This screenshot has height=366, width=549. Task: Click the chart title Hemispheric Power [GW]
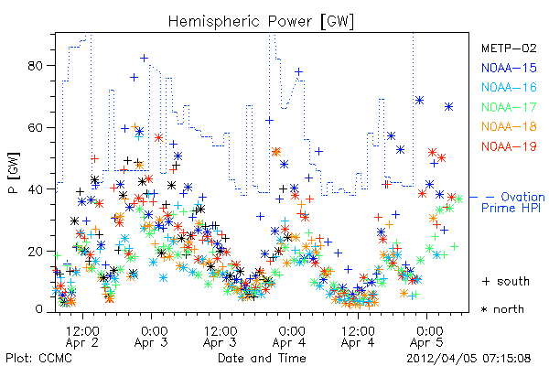point(261,22)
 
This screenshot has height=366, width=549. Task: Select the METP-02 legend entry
point(509,48)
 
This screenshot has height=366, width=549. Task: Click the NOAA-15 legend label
point(509,68)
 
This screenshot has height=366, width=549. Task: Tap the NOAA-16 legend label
point(509,87)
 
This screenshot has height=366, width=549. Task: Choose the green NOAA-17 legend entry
point(509,107)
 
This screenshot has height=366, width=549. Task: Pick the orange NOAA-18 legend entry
point(509,126)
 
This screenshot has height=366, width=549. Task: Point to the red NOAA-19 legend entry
point(509,146)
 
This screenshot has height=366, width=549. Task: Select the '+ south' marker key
point(506,281)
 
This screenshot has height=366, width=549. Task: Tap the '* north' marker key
point(502,309)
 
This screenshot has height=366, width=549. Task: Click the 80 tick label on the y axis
point(36,66)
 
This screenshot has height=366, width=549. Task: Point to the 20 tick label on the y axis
point(36,251)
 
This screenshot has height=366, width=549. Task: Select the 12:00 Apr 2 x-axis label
point(82,337)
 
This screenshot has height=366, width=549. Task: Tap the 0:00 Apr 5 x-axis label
point(426,337)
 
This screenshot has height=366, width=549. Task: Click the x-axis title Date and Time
point(262,358)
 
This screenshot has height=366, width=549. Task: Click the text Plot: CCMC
point(38,358)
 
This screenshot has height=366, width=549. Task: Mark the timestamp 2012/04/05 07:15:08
point(468,359)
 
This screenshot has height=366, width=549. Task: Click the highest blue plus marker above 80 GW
point(144,59)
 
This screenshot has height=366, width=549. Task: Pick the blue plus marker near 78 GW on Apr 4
point(298,71)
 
